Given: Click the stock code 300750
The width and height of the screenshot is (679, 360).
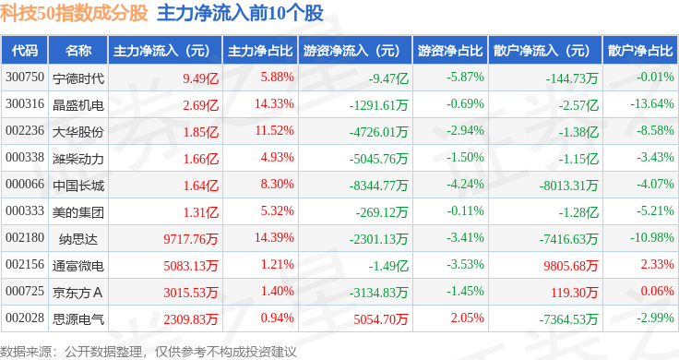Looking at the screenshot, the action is (x=25, y=78).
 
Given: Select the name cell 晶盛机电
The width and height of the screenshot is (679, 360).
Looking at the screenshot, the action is (x=78, y=105).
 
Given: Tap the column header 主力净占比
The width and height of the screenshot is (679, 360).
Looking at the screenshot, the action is (x=260, y=51).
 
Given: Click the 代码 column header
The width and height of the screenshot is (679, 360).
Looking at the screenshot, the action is (x=25, y=51).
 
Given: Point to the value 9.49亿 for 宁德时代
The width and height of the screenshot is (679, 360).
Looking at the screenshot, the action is (x=200, y=78).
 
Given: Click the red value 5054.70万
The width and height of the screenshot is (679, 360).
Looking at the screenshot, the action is (x=381, y=319).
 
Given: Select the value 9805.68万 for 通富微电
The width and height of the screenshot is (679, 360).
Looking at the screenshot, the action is (x=571, y=266).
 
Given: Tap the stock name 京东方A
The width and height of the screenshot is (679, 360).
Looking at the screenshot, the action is (x=77, y=293).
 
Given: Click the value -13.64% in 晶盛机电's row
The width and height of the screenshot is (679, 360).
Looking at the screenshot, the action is (x=652, y=104).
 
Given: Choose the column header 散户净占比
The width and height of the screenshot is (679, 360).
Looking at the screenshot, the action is (x=640, y=51).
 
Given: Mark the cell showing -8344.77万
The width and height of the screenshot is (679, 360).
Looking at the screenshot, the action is (x=378, y=186).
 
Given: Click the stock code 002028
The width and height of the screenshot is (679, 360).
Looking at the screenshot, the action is (x=25, y=318).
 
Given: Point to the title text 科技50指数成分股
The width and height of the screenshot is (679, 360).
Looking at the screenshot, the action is (x=75, y=14).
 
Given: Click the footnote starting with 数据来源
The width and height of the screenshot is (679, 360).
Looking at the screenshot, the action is (x=149, y=352).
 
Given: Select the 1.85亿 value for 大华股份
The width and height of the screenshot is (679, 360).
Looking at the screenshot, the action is (x=201, y=132).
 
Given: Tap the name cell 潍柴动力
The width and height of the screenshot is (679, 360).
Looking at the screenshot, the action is (x=78, y=159).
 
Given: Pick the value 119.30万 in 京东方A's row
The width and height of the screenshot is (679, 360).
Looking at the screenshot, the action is (x=574, y=293).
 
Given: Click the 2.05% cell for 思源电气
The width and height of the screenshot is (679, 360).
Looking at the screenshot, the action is (x=467, y=318).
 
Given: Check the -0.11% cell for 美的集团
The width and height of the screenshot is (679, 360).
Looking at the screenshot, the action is (x=465, y=211).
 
